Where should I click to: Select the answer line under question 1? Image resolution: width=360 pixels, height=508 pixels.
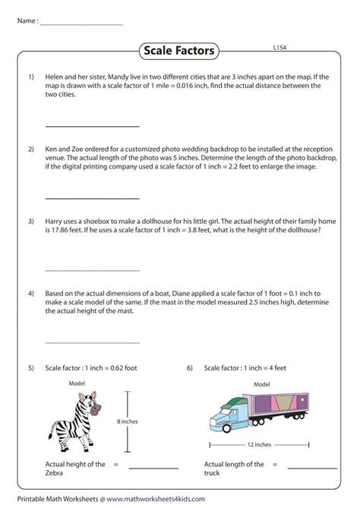(93, 126)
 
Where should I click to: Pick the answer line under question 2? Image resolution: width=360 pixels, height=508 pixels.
(93, 197)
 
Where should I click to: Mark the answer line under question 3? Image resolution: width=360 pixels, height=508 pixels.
(93, 270)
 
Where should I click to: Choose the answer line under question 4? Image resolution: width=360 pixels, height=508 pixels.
(93, 341)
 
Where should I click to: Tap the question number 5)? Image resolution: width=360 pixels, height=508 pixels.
(32, 368)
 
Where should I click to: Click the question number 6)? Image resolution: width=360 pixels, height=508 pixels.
(189, 368)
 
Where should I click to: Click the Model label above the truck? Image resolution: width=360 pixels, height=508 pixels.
(262, 385)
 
